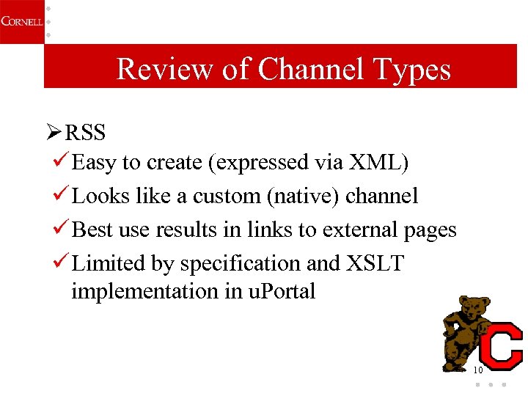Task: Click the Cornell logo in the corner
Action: coord(21,21)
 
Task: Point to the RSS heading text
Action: coord(85,133)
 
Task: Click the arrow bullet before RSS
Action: coord(53,133)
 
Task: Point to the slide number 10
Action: coord(477,370)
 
